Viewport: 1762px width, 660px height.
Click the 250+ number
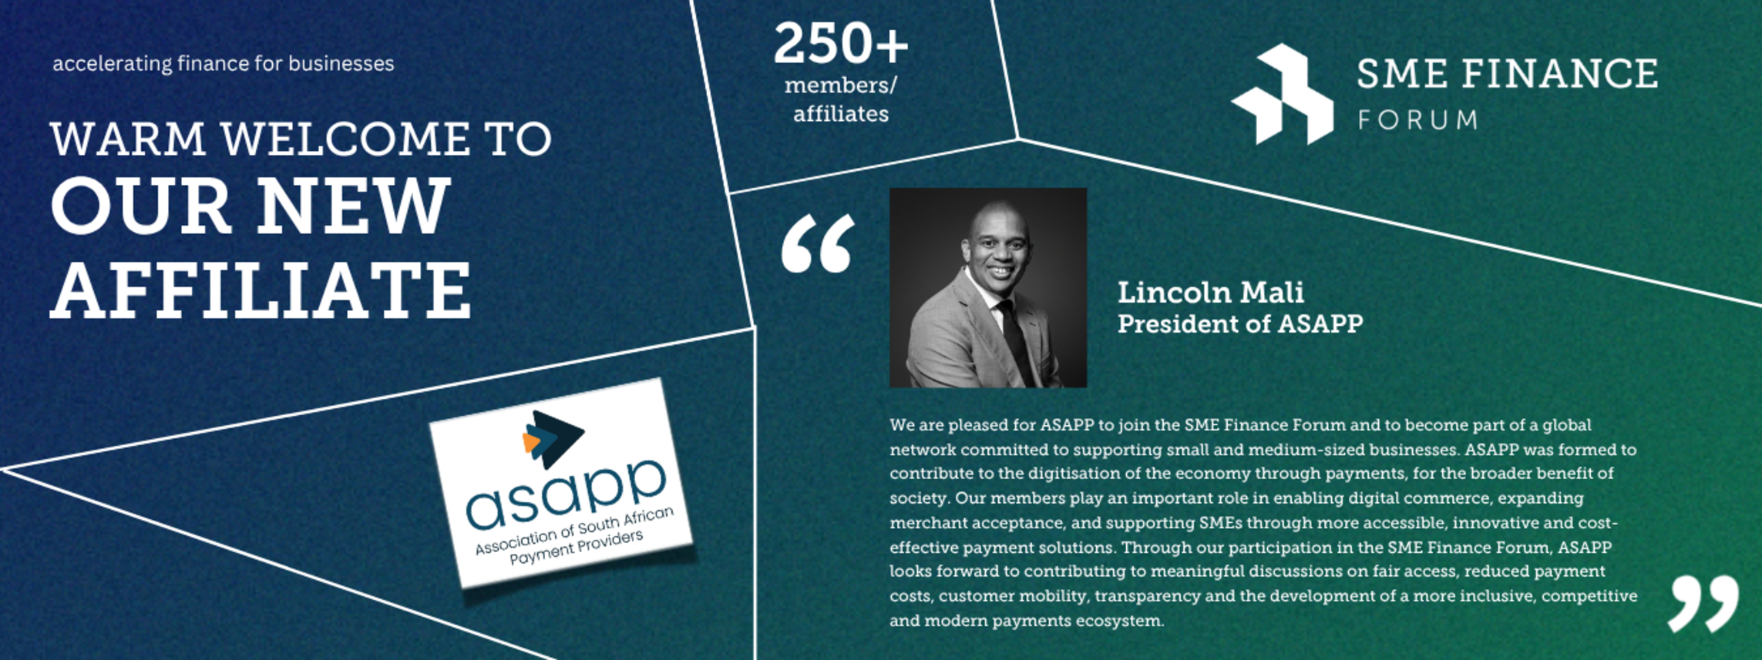coord(841,43)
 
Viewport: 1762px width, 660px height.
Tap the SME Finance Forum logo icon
coord(1283,94)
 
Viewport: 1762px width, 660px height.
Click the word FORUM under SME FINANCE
coord(1417,120)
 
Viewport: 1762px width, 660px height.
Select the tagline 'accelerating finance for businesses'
coord(224,64)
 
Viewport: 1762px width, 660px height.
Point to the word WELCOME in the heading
coord(345,139)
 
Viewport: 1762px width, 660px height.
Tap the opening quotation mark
coord(818,243)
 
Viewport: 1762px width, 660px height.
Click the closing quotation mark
coord(1703,605)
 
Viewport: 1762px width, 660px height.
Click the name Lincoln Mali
coord(1211,293)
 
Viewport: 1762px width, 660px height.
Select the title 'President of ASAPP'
coord(1240,323)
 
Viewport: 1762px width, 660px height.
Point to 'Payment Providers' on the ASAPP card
coord(577,548)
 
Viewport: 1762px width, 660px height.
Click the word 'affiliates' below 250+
coord(841,114)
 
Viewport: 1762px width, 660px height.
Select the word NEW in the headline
coord(353,206)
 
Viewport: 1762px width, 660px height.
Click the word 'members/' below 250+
coord(841,85)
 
